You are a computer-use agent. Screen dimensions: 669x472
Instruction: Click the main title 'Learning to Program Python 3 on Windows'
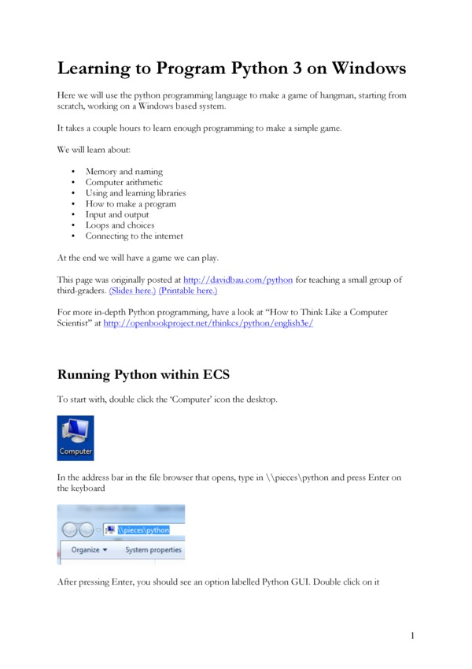(232, 69)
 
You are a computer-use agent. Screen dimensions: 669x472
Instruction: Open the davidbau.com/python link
(238, 280)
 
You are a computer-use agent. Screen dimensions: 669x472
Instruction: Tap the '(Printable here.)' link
(183, 290)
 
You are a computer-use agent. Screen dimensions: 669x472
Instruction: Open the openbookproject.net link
(208, 323)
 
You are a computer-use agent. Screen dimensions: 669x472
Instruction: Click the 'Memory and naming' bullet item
(124, 171)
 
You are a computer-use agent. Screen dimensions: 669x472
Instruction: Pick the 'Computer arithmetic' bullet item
(124, 182)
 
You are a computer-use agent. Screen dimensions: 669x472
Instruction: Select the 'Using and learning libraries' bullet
(135, 193)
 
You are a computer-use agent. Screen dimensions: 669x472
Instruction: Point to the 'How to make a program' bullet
(131, 203)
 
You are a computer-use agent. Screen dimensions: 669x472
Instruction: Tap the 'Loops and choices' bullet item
(120, 225)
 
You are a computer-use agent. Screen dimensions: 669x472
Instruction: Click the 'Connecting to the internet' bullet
(134, 236)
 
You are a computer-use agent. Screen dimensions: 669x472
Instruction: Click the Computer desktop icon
(76, 437)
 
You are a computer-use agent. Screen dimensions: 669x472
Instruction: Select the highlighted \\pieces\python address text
(143, 530)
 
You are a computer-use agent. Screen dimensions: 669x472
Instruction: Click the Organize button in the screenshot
(89, 550)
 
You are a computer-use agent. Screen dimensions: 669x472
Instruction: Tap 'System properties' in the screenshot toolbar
(153, 550)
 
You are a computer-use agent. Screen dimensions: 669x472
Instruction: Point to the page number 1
(411, 635)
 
